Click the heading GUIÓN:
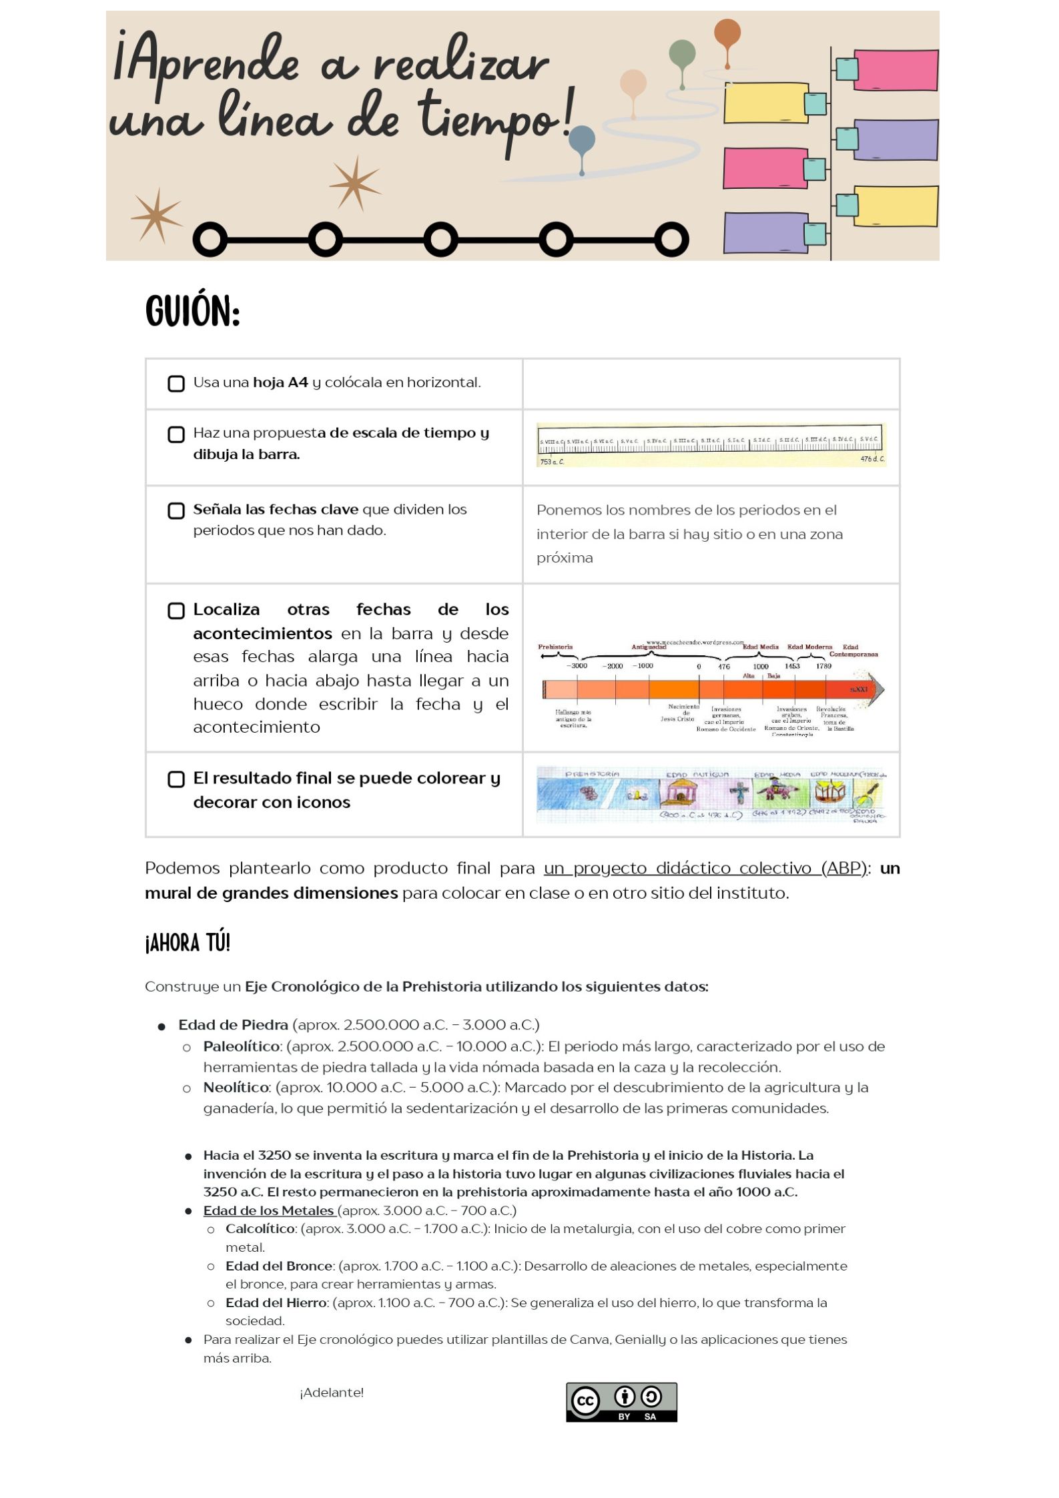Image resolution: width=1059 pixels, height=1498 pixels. pyautogui.click(x=192, y=311)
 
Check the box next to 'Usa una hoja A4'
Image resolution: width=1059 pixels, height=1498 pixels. pyautogui.click(x=176, y=384)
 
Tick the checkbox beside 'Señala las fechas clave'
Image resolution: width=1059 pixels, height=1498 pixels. pyautogui.click(x=176, y=510)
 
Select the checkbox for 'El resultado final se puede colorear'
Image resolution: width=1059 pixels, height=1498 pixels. pyautogui.click(x=176, y=779)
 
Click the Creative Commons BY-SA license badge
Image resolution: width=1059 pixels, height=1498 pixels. pyautogui.click(x=621, y=1402)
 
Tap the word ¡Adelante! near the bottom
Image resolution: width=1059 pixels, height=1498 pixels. pyautogui.click(x=332, y=1393)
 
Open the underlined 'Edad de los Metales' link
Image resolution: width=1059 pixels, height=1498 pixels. pyautogui.click(x=269, y=1210)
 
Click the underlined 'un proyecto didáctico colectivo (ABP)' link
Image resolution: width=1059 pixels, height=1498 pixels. pyautogui.click(x=705, y=868)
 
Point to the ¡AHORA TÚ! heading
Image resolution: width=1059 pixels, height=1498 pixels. pyautogui.click(x=188, y=943)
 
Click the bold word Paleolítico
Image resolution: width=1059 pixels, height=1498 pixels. pyautogui.click(x=241, y=1046)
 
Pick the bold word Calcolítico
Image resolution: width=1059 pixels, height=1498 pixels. pyautogui.click(x=260, y=1229)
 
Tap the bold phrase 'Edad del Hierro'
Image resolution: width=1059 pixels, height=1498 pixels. pyautogui.click(x=276, y=1302)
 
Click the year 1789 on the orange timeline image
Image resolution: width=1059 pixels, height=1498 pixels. pyautogui.click(x=823, y=666)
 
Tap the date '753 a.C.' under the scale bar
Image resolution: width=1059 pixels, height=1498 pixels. pyautogui.click(x=552, y=462)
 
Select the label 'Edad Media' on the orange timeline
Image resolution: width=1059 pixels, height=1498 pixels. pyautogui.click(x=761, y=647)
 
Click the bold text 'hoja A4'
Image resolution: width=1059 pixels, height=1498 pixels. pyautogui.click(x=280, y=382)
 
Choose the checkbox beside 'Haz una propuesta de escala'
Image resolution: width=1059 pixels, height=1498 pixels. pyautogui.click(x=176, y=434)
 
